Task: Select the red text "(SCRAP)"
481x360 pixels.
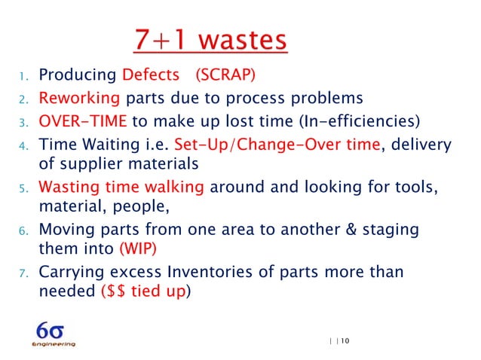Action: click(225, 75)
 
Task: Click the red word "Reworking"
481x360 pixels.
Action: click(79, 98)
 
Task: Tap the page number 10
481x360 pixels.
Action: click(345, 341)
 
